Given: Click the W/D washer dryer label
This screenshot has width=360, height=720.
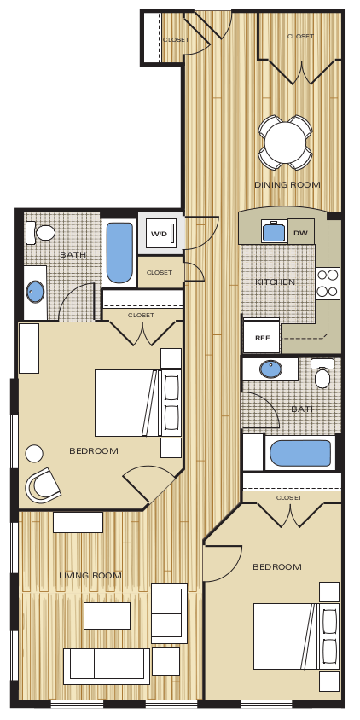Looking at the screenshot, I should [x=159, y=234].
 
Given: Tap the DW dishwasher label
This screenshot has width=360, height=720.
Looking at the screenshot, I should [x=300, y=233].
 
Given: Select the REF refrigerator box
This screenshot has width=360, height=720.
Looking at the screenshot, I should [x=261, y=338].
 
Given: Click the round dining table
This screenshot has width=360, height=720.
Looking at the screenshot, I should [x=285, y=141].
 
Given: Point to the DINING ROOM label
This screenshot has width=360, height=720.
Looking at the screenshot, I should [x=287, y=184].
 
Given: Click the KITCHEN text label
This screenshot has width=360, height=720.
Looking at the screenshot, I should [x=275, y=282].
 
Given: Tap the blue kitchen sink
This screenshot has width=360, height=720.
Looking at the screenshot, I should [x=273, y=232].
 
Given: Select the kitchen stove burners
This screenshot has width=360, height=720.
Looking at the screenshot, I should [x=328, y=282].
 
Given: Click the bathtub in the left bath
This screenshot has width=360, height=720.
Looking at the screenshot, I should [x=119, y=253].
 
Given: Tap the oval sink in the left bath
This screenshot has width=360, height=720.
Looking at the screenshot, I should [x=35, y=292].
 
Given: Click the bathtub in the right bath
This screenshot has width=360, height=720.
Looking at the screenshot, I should [x=299, y=453].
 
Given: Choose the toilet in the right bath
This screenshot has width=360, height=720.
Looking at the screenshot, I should [x=322, y=375].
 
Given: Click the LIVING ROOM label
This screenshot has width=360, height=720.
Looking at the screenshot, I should [x=90, y=575].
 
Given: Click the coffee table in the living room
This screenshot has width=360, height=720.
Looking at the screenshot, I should [x=107, y=615].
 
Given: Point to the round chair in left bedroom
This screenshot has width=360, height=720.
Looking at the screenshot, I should [x=43, y=485].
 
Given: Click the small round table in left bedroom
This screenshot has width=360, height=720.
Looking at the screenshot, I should [x=34, y=454].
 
